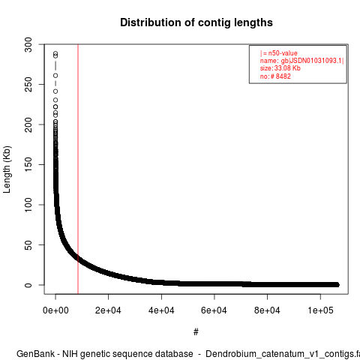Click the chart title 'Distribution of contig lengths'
(x=196, y=22)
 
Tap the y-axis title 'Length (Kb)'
(x=7, y=169)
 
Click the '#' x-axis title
(x=196, y=332)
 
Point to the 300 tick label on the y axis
(x=28, y=45)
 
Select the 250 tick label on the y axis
(x=28, y=85)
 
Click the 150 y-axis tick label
(x=28, y=164)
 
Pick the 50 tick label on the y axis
(x=28, y=244)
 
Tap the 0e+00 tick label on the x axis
(x=55, y=310)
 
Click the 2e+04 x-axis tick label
(x=108, y=310)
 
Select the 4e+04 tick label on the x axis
(x=161, y=310)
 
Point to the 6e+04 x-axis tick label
(x=214, y=310)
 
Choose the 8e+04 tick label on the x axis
(x=267, y=310)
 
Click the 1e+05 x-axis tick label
(x=320, y=310)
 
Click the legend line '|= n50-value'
(x=279, y=53)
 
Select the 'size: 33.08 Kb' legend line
(x=280, y=68)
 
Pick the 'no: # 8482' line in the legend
(x=275, y=76)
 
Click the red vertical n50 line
(x=78, y=169)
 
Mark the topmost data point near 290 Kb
(x=55, y=53)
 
